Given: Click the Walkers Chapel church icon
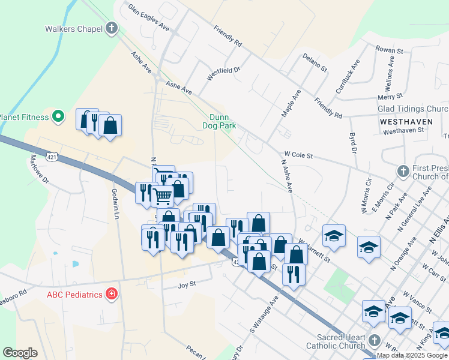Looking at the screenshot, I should click(x=112, y=28).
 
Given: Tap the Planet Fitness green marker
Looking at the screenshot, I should click(x=58, y=116).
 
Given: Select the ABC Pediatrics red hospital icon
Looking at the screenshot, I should click(x=111, y=294).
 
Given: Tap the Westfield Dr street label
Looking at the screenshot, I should click(x=223, y=74).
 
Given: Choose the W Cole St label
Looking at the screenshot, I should click(x=299, y=155).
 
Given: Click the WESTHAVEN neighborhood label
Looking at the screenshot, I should click(x=406, y=121).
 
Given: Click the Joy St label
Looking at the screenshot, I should click(x=187, y=286).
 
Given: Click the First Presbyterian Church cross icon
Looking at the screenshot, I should click(x=403, y=172).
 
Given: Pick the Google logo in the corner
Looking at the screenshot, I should click(x=20, y=352).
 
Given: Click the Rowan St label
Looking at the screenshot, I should click(x=388, y=50).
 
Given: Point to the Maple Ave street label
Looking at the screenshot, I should click(x=291, y=103).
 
